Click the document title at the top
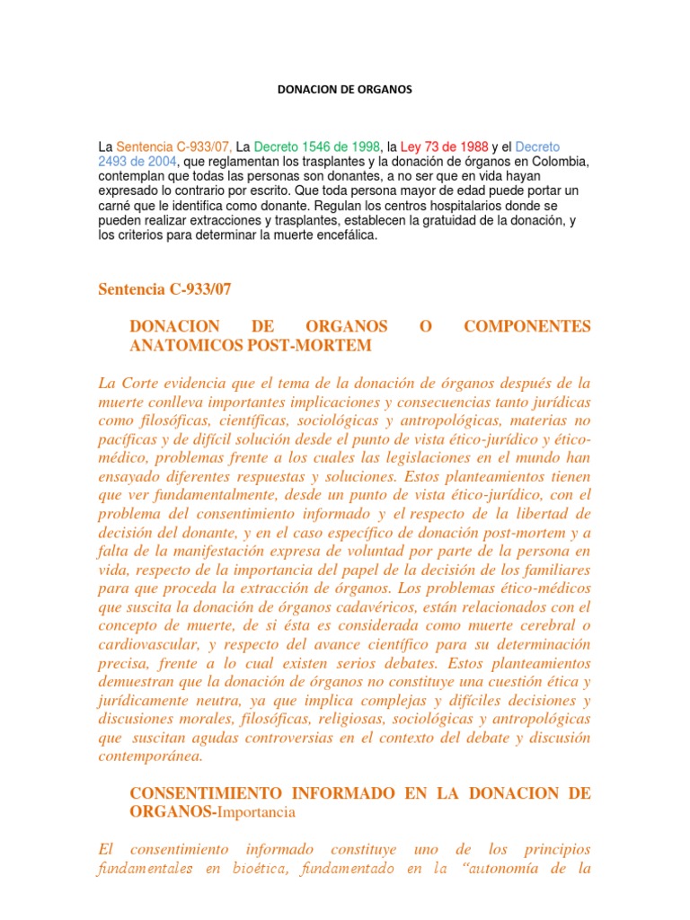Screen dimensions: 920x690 click(344, 91)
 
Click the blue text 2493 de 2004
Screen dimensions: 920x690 click(137, 161)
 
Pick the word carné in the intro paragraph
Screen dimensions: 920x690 click(115, 206)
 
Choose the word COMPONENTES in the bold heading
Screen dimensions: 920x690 click(527, 326)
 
